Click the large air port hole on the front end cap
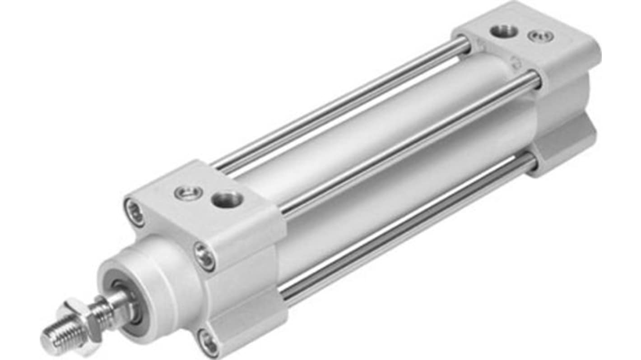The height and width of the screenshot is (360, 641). click(x=228, y=198)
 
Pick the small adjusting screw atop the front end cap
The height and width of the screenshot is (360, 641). click(x=186, y=193)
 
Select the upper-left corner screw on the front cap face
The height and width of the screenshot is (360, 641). click(x=135, y=212)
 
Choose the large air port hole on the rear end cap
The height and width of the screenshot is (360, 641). click(x=504, y=31)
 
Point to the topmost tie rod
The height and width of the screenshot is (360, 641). click(x=343, y=106)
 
